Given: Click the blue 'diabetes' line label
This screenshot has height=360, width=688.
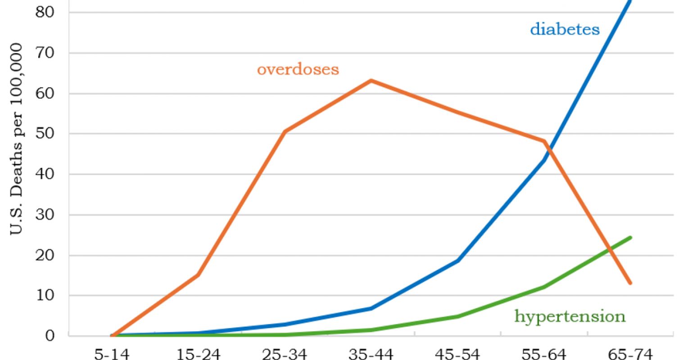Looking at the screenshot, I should [x=565, y=30].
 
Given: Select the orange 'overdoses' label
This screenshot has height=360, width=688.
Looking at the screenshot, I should [x=298, y=70].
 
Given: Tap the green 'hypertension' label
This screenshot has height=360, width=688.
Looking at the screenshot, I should [x=570, y=316].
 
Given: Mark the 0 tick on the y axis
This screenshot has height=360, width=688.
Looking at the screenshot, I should [x=50, y=336].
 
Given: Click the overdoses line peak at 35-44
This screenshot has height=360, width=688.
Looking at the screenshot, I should [x=371, y=81].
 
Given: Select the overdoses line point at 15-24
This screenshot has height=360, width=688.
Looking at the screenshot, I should [x=198, y=275].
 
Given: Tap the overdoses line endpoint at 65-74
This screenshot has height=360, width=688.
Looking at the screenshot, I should [x=630, y=283].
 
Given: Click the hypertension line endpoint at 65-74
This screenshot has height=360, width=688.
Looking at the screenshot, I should [x=630, y=237].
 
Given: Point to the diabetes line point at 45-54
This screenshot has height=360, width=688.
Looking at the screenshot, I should [x=457, y=261].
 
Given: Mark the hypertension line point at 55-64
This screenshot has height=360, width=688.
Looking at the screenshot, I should [x=544, y=287].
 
